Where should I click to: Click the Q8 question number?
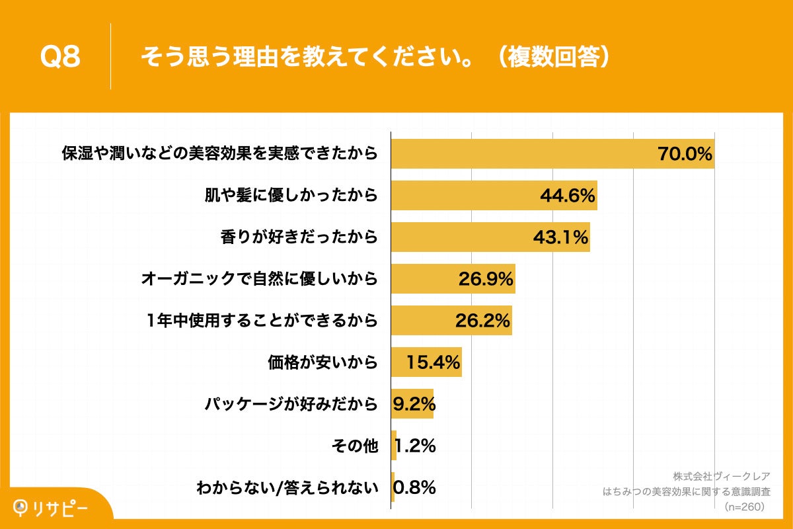(x=60, y=58)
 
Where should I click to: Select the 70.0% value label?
(x=685, y=154)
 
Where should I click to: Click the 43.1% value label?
(x=560, y=237)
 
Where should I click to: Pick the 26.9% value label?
(x=486, y=279)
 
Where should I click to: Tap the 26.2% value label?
(x=482, y=321)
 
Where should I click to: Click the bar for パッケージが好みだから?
(x=412, y=404)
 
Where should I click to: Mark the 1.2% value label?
(x=416, y=446)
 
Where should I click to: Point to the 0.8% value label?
(x=414, y=488)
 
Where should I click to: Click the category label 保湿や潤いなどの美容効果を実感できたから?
(x=219, y=154)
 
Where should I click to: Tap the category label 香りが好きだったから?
(x=299, y=237)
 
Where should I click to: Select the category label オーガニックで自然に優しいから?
(x=259, y=279)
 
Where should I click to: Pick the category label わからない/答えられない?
(x=287, y=488)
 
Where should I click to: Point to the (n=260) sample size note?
(x=744, y=507)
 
